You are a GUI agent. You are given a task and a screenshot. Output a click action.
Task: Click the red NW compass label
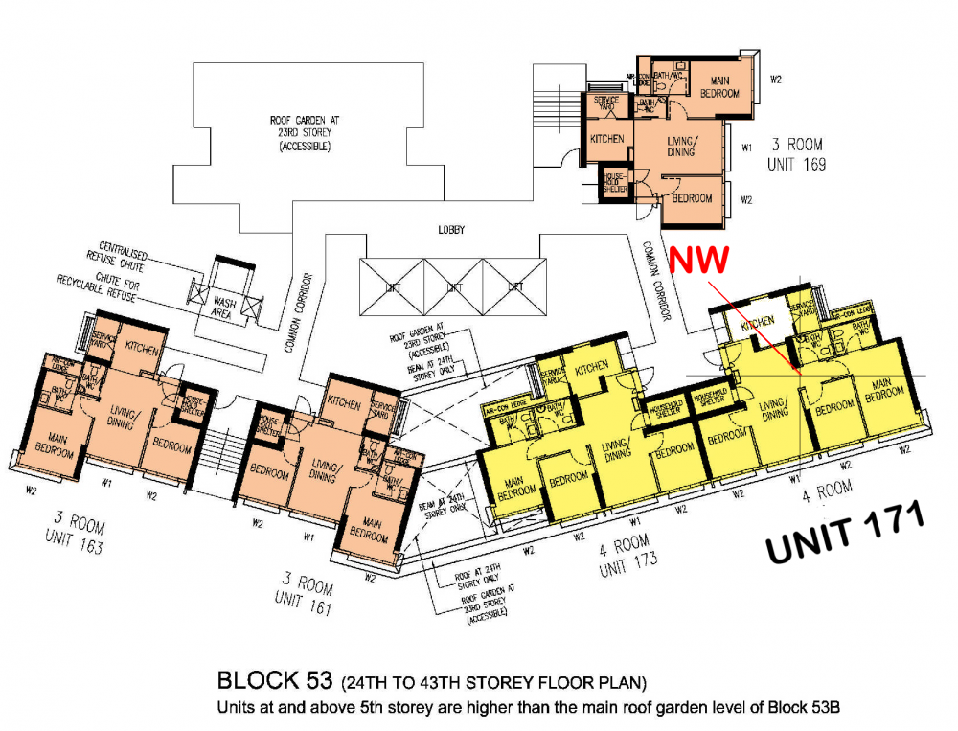(701, 260)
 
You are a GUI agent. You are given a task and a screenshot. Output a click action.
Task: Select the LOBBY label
(450, 231)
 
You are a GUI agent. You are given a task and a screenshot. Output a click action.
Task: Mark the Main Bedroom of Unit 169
(719, 87)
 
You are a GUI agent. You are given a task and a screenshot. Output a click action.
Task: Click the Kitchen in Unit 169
(606, 139)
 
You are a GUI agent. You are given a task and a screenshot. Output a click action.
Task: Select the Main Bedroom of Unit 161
(368, 532)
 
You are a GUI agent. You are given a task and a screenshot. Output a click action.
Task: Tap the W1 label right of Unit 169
(746, 147)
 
